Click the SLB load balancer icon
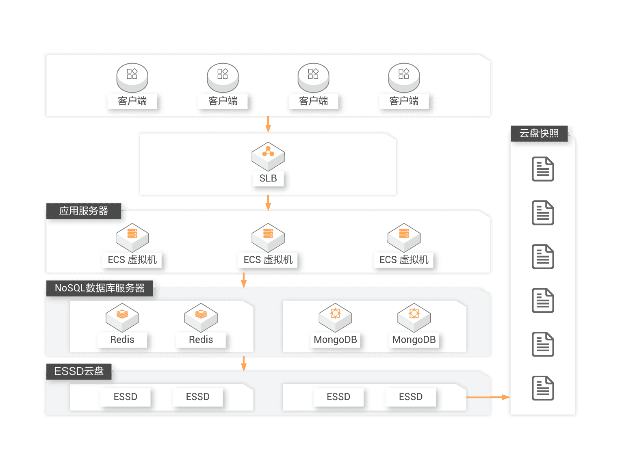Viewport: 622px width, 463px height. (x=268, y=156)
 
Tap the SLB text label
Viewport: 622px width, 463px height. (x=268, y=178)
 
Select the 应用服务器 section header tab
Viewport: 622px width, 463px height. (x=84, y=211)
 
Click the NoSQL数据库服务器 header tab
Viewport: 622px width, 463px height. (x=100, y=288)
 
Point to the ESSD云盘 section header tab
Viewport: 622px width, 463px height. (x=79, y=371)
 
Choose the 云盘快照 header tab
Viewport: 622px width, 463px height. (x=539, y=133)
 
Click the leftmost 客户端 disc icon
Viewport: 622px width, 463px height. (x=132, y=77)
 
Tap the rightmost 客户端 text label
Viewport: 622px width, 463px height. (x=404, y=101)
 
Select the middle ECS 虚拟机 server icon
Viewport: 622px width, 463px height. (x=268, y=237)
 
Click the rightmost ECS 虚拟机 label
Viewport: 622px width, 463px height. (x=404, y=260)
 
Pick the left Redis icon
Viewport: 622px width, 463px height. (x=122, y=317)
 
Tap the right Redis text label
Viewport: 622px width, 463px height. (x=201, y=340)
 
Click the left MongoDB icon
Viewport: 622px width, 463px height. (x=335, y=317)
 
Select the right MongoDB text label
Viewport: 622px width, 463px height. (x=414, y=340)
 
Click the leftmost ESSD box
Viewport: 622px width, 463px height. (x=126, y=397)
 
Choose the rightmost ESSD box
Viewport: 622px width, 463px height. (x=411, y=397)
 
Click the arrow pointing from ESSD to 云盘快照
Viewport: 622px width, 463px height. (x=488, y=397)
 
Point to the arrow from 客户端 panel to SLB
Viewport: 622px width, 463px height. (x=268, y=124)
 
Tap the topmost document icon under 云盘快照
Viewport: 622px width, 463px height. (x=543, y=169)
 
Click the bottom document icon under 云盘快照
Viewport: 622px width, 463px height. (x=543, y=388)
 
